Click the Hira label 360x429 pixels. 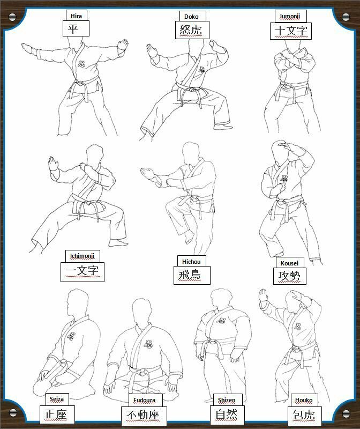point(76,16)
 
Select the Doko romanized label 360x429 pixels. point(191,17)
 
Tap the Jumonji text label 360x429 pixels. point(290,17)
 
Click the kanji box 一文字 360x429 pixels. point(82,271)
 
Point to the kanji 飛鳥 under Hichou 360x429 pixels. point(192,275)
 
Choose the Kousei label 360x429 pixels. point(289,263)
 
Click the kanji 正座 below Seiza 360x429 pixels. point(56,415)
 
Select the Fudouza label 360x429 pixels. point(144,401)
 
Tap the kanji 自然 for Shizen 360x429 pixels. point(227,415)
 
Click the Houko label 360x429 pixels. point(304,400)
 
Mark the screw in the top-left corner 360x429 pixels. point(13,18)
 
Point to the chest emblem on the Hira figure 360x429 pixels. point(81,64)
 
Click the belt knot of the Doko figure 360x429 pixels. point(192,90)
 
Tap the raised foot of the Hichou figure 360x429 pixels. point(190,236)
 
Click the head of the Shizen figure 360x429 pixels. point(222,299)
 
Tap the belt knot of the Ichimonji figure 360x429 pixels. point(88,204)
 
